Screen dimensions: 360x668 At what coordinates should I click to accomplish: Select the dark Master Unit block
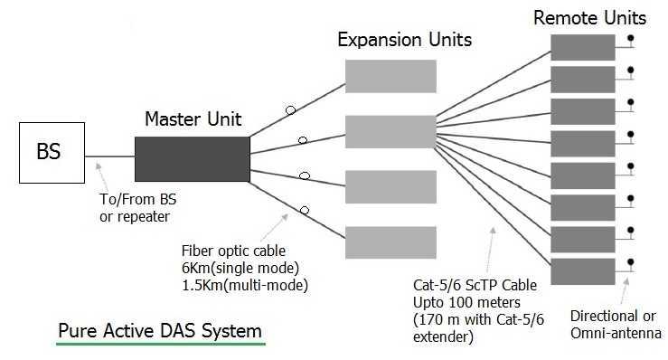tap(192, 159)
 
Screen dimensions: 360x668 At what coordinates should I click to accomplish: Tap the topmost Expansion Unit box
tap(382, 75)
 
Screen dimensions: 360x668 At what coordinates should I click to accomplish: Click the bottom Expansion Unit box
tap(382, 242)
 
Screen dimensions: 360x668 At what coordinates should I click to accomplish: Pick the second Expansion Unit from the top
tap(382, 130)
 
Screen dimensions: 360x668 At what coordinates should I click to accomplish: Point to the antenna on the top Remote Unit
tap(629, 41)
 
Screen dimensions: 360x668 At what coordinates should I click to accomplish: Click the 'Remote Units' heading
tap(589, 17)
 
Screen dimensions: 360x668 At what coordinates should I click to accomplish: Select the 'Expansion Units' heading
tap(404, 40)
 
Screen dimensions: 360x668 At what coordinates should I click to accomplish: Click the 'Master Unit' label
tap(193, 119)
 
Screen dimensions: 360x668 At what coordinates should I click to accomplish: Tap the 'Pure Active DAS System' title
tap(160, 330)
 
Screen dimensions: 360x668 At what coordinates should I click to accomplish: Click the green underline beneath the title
tap(160, 345)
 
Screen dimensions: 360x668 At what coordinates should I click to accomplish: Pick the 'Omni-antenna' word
tap(616, 333)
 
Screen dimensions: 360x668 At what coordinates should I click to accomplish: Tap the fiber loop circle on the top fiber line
tap(289, 111)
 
